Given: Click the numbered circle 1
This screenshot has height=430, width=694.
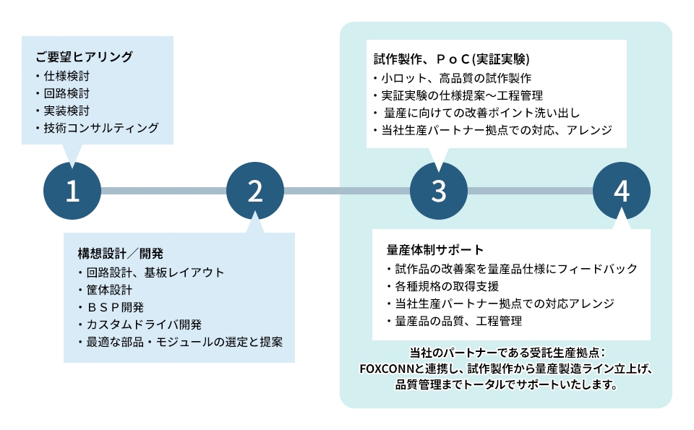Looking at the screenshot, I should point(72,190).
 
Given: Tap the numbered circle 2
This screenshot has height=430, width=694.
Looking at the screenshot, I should point(255,190).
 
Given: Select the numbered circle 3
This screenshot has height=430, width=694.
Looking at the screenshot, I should point(439,190).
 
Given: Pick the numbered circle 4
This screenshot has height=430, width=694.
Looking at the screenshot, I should point(622,190).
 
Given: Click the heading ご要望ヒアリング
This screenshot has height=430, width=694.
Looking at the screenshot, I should point(84,56).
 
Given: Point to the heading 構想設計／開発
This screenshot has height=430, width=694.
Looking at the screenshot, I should point(121,254).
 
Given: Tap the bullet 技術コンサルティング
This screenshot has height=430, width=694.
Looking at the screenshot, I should point(100,128).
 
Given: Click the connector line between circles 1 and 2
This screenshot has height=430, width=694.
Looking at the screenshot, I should point(163,191).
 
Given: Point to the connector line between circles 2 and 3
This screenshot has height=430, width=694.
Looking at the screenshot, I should point(347,191).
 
